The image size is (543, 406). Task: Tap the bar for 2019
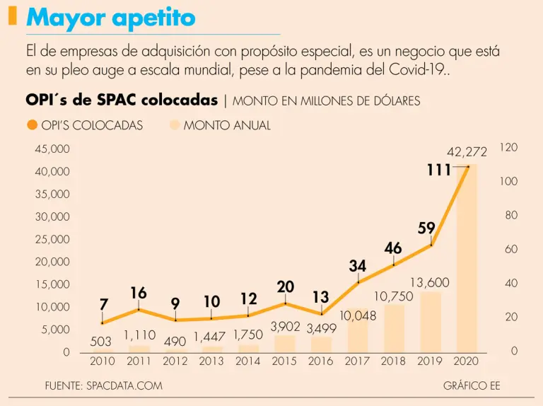(431, 322)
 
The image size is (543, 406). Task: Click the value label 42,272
(467, 152)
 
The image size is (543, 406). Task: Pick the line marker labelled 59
(431, 245)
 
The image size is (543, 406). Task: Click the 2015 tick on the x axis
(284, 361)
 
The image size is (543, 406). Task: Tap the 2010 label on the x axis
(103, 361)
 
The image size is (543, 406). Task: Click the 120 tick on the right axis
(509, 147)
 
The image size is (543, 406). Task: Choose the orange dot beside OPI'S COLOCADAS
(32, 125)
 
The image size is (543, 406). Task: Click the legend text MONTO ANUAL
(227, 125)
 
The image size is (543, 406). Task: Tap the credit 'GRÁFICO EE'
(471, 385)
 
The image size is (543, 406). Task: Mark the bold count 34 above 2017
(357, 267)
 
